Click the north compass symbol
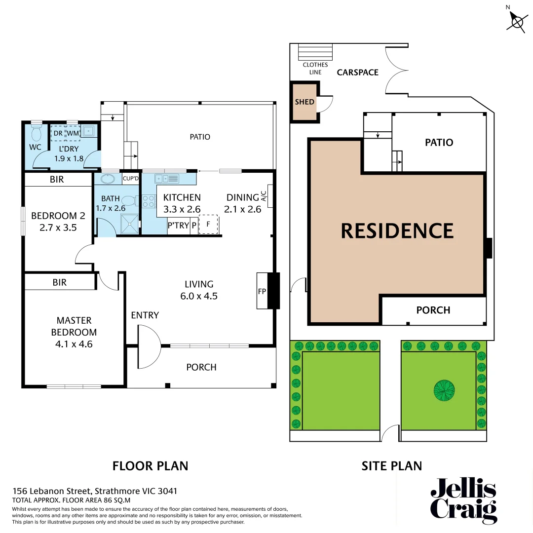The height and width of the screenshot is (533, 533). coord(517,21)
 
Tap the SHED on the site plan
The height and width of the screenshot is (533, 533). coord(305,102)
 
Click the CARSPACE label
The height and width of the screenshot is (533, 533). coord(358,73)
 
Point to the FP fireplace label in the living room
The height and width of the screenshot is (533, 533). coord(262,291)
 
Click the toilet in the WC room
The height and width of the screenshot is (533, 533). coord(36,133)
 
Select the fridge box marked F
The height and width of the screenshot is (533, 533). coord(208,224)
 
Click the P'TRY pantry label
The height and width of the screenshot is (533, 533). coord(178,226)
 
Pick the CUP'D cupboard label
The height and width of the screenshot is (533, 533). coord(131,179)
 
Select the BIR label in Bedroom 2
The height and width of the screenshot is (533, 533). coord(57,179)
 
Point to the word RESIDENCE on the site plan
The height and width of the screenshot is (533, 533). coord(397,231)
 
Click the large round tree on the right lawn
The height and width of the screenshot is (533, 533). coord(444,390)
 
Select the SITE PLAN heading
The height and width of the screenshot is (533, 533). coord(392,465)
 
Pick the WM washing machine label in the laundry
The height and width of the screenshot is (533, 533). coord(73,133)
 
